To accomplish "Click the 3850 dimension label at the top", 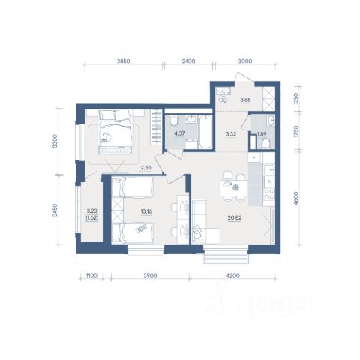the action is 124,61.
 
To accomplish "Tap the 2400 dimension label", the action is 188,61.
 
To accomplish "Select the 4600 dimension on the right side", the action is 296,198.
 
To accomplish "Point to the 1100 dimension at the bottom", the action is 91,275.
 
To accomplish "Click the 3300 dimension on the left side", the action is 55,141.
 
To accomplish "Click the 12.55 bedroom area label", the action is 145,168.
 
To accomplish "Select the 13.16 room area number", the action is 146,211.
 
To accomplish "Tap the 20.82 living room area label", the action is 235,218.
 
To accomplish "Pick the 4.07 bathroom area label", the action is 179,133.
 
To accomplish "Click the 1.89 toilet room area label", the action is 262,134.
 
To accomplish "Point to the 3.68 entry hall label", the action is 245,100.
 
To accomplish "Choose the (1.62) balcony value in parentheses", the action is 92,218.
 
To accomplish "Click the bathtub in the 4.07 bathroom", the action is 205,132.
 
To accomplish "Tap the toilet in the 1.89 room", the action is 266,145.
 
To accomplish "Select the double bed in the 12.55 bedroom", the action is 115,132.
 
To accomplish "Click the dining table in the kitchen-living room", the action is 234,188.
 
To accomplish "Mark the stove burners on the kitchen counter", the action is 269,194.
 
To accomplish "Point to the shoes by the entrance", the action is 223,99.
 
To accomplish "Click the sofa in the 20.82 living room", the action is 199,221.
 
